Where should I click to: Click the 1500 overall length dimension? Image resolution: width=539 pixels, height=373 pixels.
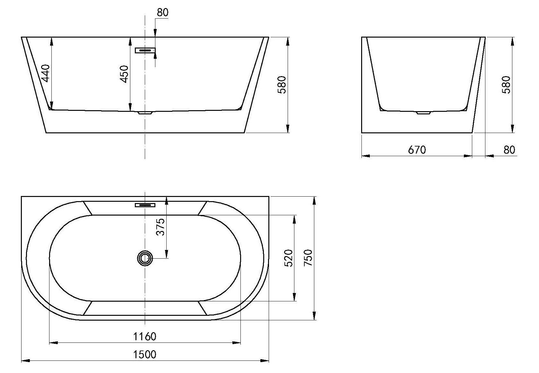coord(144,354)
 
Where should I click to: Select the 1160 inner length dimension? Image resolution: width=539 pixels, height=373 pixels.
coord(144,336)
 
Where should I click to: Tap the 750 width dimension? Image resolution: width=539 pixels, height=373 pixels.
coord(308,258)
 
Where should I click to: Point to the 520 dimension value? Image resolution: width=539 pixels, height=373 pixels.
coord(289,258)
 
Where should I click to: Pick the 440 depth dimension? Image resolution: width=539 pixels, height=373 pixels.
coord(46,73)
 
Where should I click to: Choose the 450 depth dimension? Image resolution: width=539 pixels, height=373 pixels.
coord(125,74)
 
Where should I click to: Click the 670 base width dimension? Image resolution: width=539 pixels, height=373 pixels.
coord(417,150)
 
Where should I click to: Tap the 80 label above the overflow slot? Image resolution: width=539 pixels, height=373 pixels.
coord(163,13)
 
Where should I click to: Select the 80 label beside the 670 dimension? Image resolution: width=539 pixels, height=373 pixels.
coord(509,150)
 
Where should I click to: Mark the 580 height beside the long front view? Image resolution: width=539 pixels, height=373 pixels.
coord(282,84)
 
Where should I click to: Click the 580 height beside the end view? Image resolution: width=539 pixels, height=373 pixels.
coord(506,84)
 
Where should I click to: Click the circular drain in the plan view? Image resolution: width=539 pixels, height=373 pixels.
coord(145,258)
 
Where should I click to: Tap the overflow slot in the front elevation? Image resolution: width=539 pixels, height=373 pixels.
coord(145,50)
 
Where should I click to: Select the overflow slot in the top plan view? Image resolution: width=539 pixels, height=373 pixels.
coord(145,205)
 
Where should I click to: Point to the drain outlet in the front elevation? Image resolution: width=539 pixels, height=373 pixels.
coord(145,112)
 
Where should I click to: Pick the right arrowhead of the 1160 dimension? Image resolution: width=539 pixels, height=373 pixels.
coord(236,343)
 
